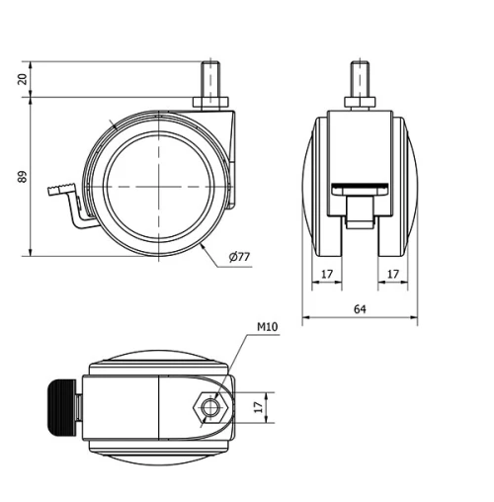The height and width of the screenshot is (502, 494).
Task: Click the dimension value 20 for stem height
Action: tap(23, 79)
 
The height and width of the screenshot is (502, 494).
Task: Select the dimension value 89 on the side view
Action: tap(23, 177)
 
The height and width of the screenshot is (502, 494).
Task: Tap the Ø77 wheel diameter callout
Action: tap(240, 257)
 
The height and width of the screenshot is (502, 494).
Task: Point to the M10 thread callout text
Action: tap(268, 327)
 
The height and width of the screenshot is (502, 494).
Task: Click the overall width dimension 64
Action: tap(360, 309)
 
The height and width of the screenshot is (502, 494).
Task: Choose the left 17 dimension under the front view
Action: tap(327, 274)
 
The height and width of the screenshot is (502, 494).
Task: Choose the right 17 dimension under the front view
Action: tap(393, 274)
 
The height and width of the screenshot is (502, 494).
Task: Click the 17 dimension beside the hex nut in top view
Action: tap(260, 407)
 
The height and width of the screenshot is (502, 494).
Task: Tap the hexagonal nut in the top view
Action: tap(209, 408)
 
